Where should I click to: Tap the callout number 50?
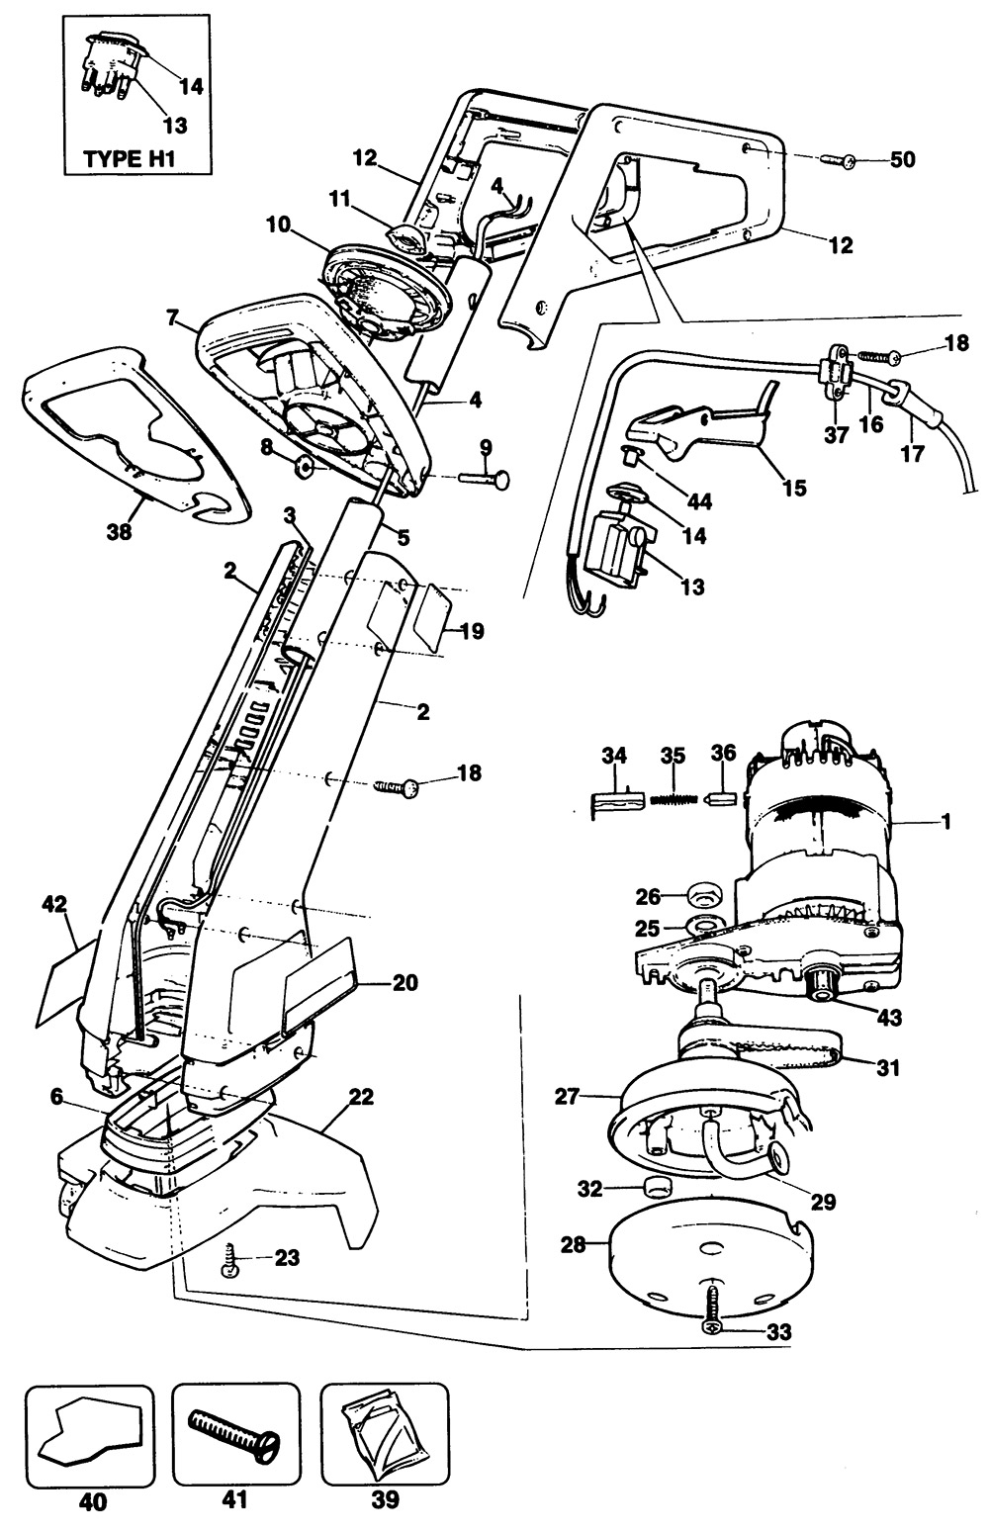click(x=902, y=159)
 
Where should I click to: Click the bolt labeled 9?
click(x=485, y=478)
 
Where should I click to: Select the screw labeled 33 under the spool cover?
click(x=713, y=1314)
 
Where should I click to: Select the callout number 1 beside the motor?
click(x=946, y=821)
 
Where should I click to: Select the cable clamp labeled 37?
click(x=836, y=377)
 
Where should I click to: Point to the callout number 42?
click(x=54, y=902)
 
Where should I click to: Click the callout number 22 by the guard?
click(x=361, y=1097)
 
